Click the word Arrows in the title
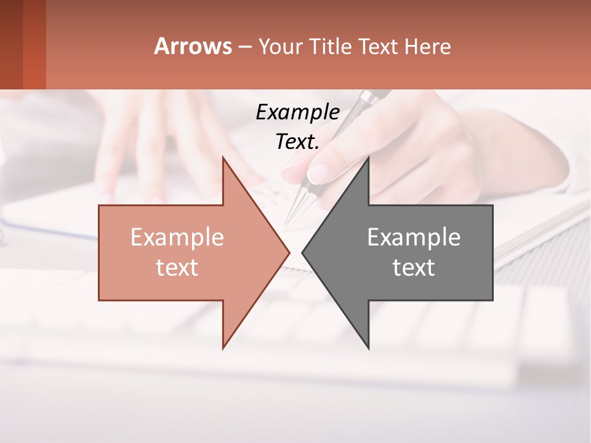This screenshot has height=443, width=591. point(193,46)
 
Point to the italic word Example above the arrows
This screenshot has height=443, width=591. point(297,112)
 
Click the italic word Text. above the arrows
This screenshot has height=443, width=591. point(297,142)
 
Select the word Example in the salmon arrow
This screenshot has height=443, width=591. point(177,237)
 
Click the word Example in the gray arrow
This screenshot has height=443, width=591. point(414,237)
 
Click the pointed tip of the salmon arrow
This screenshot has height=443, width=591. point(288,252)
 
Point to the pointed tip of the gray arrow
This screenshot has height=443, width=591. point(304,252)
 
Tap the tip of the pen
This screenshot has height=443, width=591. point(287,225)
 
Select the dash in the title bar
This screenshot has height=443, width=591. point(244,47)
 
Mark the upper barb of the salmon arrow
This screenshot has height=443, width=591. point(224,160)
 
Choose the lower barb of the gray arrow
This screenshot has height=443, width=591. point(368,346)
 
